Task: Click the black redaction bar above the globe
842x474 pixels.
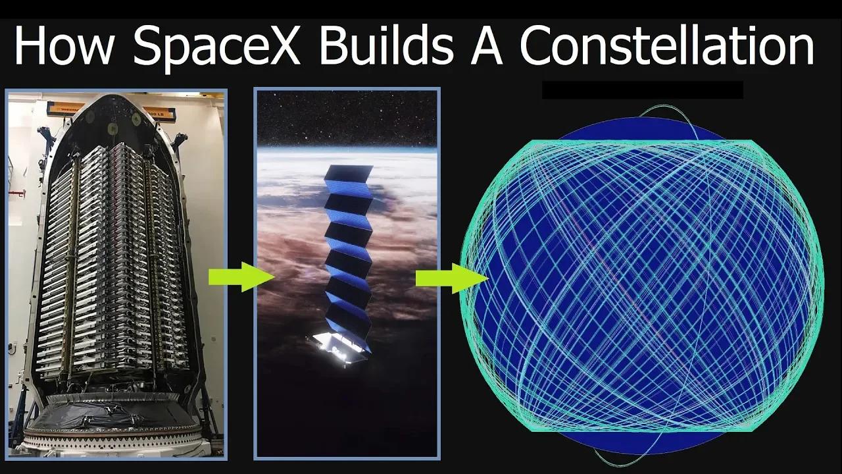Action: pyautogui.click(x=642, y=90)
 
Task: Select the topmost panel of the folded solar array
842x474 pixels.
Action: pyautogui.click(x=348, y=174)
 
